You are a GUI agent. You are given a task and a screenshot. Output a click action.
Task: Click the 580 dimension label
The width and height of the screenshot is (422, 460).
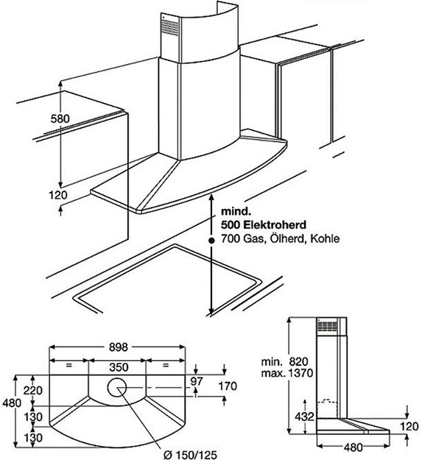(60, 118)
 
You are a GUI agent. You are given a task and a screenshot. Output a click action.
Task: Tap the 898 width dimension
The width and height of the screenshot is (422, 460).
(119, 347)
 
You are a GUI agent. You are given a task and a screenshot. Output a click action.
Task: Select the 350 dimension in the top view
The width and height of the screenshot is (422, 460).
(119, 367)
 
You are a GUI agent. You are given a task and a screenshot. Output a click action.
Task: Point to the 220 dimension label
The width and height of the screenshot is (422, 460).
(33, 391)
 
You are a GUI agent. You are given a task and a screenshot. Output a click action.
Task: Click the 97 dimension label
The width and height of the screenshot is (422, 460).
(197, 381)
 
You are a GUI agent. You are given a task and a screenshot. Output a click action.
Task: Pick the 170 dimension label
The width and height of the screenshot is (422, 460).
(228, 386)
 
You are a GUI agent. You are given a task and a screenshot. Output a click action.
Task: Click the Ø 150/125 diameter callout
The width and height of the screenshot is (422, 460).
(190, 455)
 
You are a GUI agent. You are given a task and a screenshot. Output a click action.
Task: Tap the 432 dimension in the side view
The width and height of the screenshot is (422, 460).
(304, 417)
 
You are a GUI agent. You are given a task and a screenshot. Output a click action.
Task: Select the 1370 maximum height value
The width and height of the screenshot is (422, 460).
(300, 373)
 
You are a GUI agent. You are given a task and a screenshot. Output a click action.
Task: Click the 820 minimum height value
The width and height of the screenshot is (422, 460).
(298, 361)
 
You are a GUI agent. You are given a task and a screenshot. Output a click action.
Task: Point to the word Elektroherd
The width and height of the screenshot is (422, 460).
(275, 224)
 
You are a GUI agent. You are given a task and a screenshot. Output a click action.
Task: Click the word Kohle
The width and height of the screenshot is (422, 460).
(325, 238)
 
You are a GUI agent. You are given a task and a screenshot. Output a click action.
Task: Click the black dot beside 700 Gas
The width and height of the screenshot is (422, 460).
(211, 241)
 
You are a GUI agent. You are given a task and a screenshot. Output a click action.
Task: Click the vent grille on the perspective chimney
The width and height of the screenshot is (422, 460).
(169, 27)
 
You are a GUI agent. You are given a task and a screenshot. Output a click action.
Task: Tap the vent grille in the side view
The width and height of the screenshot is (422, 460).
(326, 326)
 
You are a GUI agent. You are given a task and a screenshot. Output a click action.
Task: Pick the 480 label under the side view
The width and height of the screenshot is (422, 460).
(353, 447)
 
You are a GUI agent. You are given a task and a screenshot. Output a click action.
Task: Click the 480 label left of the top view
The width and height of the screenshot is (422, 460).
(12, 403)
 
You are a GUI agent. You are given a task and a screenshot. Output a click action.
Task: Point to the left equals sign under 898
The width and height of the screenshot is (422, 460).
(69, 365)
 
